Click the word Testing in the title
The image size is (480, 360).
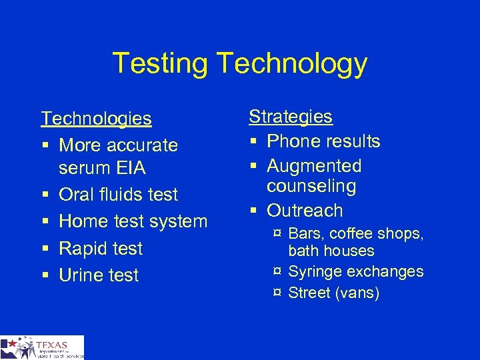[161, 64]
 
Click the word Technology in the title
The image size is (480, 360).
[292, 64]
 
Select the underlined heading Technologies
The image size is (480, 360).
[96, 119]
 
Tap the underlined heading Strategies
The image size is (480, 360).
[290, 117]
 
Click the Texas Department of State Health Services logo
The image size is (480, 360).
[42, 347]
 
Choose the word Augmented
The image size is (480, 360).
[314, 166]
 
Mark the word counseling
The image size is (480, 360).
[311, 186]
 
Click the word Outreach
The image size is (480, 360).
[305, 211]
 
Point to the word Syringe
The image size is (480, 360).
[313, 272]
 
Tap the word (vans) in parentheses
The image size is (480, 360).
[357, 293]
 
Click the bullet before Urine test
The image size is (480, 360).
[44, 275]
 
